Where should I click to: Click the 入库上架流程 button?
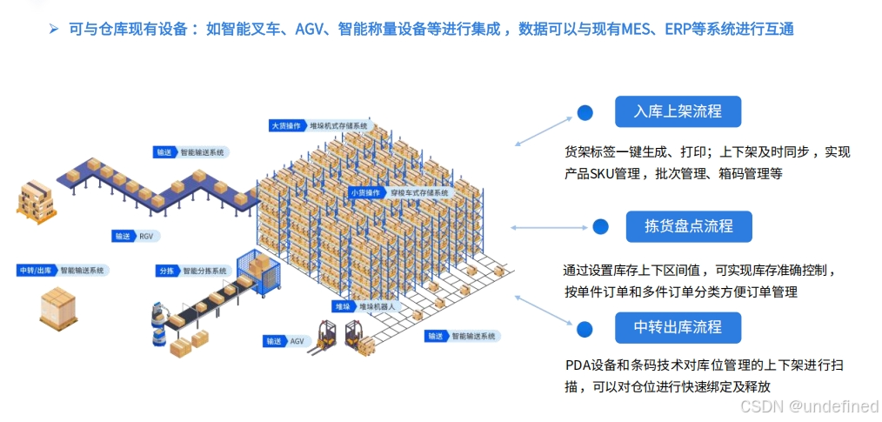point(678,112)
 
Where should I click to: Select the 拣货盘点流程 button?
point(688,226)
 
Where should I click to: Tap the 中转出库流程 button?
point(678,328)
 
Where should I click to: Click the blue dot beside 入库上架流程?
point(585,112)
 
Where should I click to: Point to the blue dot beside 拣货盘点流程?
point(600,226)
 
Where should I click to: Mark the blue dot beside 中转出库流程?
point(585,328)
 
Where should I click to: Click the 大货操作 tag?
point(287,125)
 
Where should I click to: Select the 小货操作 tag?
point(364,192)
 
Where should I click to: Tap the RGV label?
point(150,236)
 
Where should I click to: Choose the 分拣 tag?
point(168,271)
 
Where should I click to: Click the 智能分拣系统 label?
point(204,271)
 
